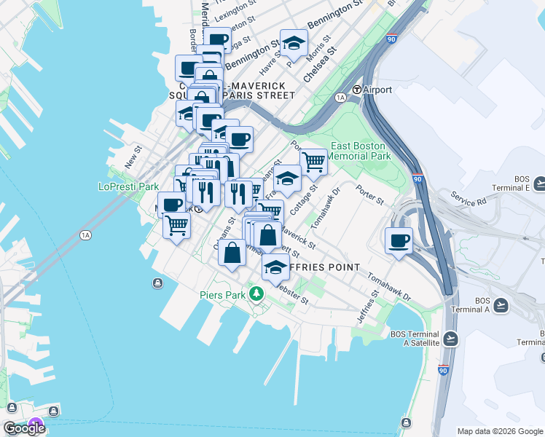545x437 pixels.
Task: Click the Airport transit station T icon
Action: [x=358, y=90]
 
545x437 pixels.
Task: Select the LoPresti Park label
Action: [x=128, y=186]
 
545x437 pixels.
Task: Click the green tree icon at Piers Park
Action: [x=256, y=294]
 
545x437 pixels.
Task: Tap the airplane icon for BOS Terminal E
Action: [x=539, y=182]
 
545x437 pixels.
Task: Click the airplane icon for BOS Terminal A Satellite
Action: [x=451, y=338]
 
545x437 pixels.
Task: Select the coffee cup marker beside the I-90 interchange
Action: [x=399, y=241]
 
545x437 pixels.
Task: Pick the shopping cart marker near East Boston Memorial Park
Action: [x=313, y=162]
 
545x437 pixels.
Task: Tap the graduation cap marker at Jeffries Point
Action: [x=275, y=269]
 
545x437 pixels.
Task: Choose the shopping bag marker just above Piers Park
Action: [x=232, y=253]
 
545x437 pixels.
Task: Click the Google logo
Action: [x=23, y=428]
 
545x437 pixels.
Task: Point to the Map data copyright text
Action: [x=500, y=431]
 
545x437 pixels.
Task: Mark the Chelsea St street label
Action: [x=320, y=63]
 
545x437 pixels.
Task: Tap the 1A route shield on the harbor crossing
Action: [x=86, y=235]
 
